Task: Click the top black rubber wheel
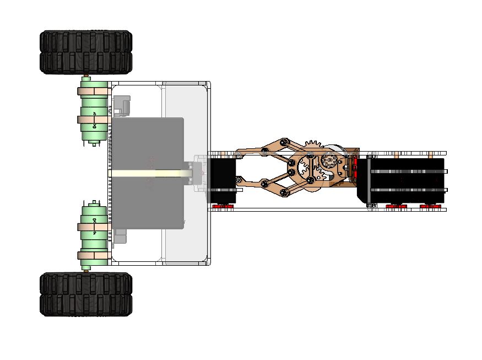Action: [x=85, y=52]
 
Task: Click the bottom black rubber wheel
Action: [x=85, y=294]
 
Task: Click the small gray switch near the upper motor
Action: [x=121, y=105]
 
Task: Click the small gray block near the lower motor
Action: [x=121, y=237]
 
